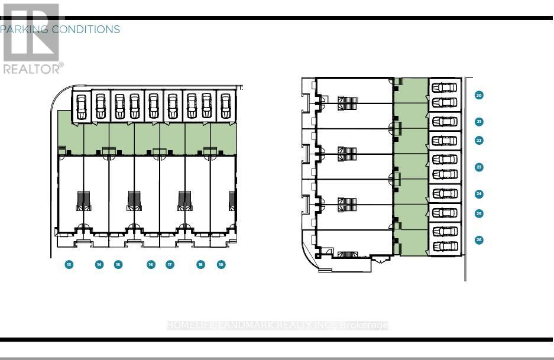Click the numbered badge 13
pos(69,265)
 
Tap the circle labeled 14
pos(99,265)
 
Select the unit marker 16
pos(151,265)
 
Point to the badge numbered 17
pos(170,265)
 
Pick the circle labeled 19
pos(221,265)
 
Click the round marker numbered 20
pos(479,95)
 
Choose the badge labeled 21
pos(479,122)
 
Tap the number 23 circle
pos(479,167)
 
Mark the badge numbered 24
pos(479,194)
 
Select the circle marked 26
pos(479,239)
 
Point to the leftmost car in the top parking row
pos(82,106)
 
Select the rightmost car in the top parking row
pos(225,106)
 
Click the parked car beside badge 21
pos(445,122)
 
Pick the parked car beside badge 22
pos(445,141)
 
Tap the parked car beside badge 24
pos(445,194)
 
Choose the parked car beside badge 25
pos(445,213)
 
